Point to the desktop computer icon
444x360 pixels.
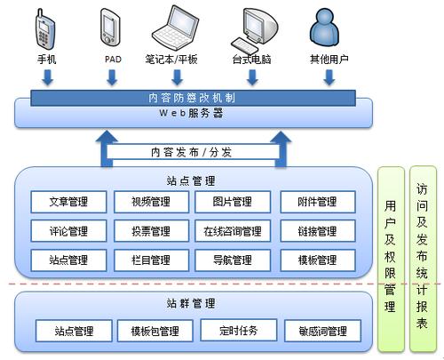(x=252, y=29)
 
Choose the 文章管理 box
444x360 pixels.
(x=68, y=202)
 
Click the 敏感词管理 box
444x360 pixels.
(x=321, y=331)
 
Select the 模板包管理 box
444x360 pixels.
(x=155, y=331)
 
